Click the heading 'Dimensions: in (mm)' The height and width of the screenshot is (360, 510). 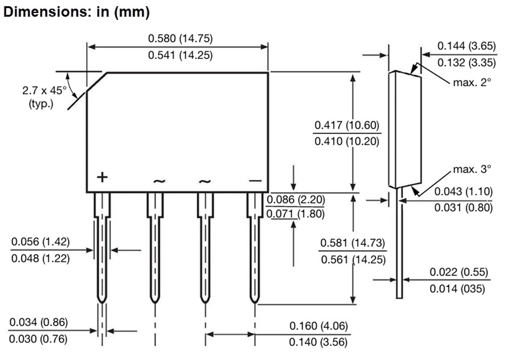click(76, 12)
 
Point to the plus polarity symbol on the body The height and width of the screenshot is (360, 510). click(101, 177)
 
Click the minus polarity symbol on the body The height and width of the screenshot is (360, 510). click(255, 180)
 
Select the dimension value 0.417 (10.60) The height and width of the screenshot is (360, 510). click(347, 125)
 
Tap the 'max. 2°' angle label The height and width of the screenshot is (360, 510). click(471, 82)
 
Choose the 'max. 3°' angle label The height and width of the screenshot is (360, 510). click(471, 169)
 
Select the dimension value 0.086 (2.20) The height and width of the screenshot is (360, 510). click(295, 200)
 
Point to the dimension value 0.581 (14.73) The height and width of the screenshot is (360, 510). click(352, 243)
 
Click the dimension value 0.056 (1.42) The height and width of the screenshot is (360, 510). click(40, 242)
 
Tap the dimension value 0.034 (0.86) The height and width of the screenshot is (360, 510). click(38, 323)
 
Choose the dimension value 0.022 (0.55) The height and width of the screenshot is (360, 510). click(458, 272)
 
